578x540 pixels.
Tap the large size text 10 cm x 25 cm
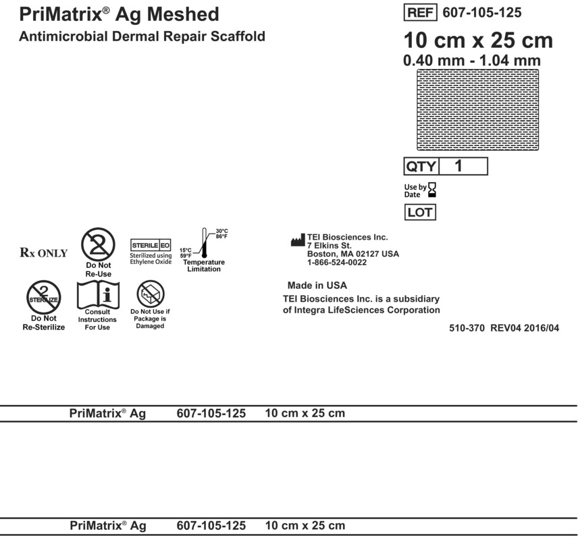click(x=477, y=40)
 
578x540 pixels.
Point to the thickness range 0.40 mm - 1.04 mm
click(x=471, y=61)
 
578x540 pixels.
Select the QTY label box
click(x=421, y=166)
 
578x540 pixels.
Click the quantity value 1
click(x=460, y=166)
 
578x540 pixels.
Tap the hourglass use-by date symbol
click(x=433, y=190)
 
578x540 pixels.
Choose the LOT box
click(x=419, y=213)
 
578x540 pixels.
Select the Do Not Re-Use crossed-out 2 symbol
click(x=99, y=244)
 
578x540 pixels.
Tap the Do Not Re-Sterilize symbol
click(x=44, y=296)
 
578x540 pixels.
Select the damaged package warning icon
click(x=150, y=294)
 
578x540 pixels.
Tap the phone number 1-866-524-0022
click(x=336, y=263)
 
